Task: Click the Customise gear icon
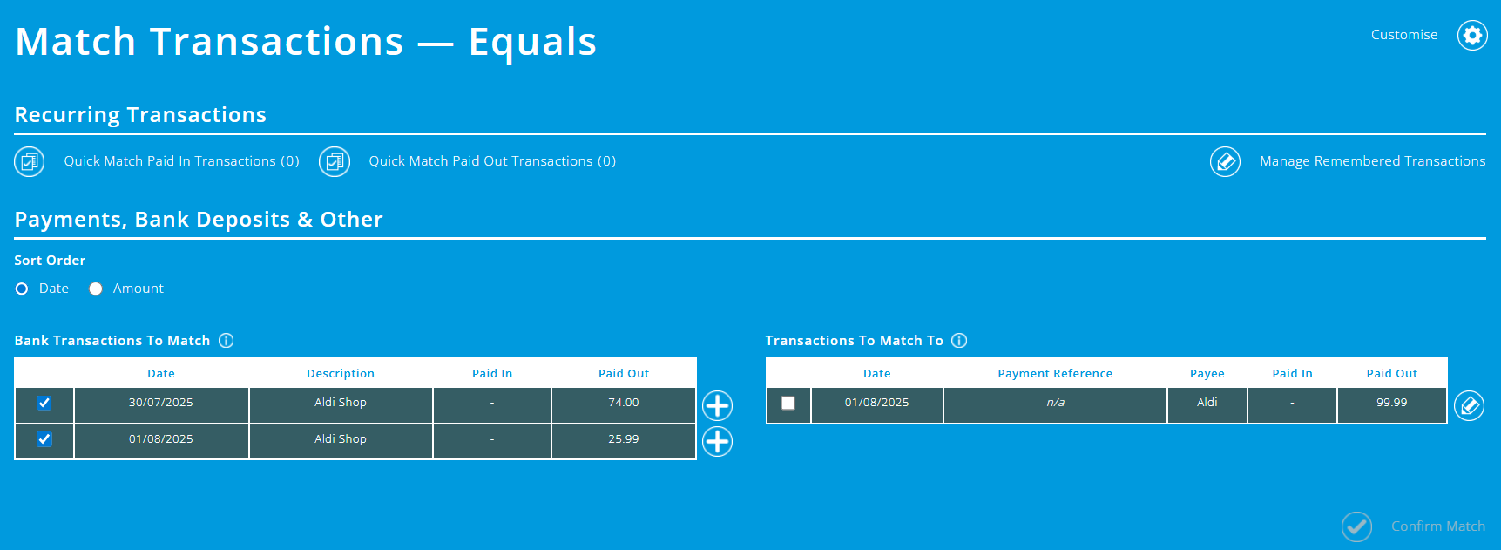[1472, 35]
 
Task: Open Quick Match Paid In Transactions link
[181, 161]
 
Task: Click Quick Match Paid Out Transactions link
[491, 161]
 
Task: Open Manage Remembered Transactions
[1372, 161]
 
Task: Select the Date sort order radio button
[22, 289]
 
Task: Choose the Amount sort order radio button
[96, 289]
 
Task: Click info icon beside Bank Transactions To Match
[227, 341]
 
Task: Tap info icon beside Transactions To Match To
[959, 341]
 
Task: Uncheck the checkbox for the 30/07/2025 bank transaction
[44, 403]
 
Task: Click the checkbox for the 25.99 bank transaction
[44, 439]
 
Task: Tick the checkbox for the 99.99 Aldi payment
[788, 403]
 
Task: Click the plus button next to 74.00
[717, 405]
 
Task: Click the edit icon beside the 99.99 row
[1469, 405]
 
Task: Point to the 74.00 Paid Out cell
[624, 403]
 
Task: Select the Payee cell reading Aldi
[1207, 403]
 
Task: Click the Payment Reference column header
[1055, 374]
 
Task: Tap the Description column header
[341, 374]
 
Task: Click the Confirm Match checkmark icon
[1356, 526]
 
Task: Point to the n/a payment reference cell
[1055, 403]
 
